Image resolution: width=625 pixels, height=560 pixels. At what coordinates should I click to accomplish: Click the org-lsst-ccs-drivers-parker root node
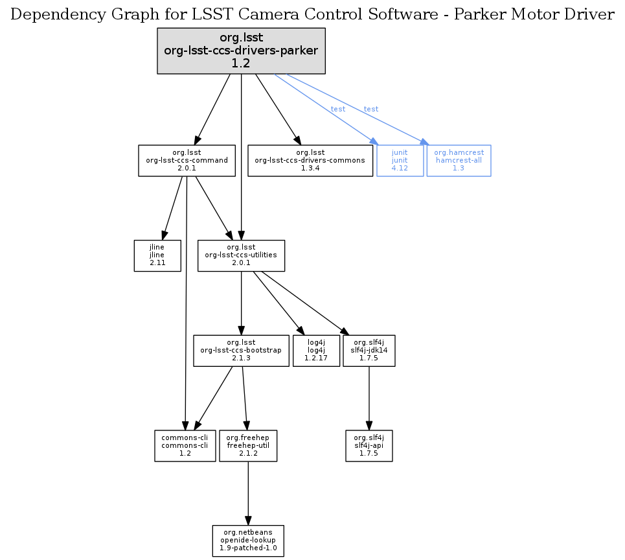tap(241, 51)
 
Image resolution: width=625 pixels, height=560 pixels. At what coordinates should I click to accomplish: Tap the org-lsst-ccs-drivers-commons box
tap(311, 160)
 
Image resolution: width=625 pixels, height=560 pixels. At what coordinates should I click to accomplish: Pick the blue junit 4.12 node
tap(400, 160)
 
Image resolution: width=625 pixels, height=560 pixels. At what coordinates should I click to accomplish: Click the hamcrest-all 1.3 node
tap(459, 160)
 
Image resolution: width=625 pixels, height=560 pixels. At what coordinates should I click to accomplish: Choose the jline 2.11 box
tap(157, 255)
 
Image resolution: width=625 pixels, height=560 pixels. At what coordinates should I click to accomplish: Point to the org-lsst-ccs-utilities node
tap(241, 255)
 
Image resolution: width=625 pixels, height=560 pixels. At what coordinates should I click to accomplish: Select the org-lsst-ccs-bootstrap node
tap(241, 351)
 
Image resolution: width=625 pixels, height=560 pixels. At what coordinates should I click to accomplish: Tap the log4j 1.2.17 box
tap(316, 351)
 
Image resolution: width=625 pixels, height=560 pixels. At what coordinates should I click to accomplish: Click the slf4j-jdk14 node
tap(369, 351)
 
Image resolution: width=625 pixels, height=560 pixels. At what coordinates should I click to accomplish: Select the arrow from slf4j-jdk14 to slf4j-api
tap(369, 398)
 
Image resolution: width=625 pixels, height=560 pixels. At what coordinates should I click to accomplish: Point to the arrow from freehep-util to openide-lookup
tap(248, 493)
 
